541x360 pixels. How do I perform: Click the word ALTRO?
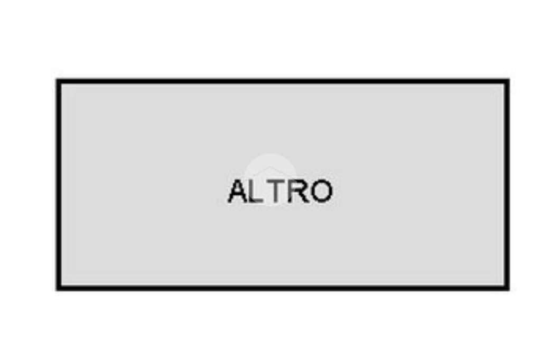280,191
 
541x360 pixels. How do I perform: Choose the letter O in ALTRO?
321,192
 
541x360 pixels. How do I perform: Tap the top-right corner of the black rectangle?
507,81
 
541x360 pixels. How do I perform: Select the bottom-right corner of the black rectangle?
507,288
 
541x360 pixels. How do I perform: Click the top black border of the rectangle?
283,81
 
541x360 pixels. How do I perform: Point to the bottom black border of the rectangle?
283,288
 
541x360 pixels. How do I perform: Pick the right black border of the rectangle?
507,185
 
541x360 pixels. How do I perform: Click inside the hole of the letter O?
321,192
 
